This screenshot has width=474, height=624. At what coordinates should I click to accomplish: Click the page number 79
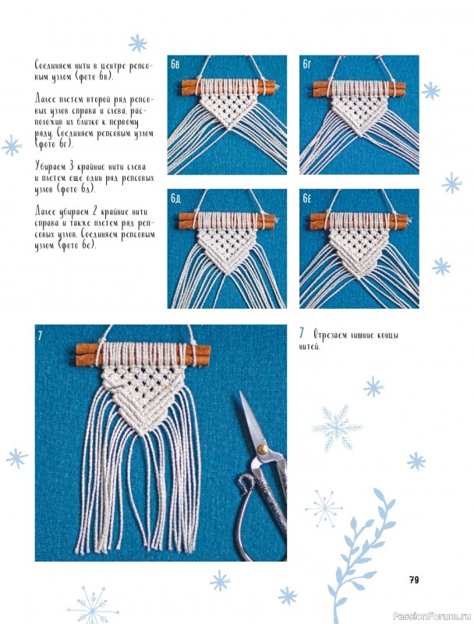(414, 580)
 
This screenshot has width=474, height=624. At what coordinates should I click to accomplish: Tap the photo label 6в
(175, 64)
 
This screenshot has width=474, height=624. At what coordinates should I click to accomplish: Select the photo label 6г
(307, 64)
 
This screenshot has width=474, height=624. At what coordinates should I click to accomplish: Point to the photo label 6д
(175, 198)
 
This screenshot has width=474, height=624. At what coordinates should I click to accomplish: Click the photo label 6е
(307, 198)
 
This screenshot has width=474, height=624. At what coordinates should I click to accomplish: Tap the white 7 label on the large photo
(40, 335)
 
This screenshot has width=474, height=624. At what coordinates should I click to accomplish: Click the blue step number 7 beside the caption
(302, 333)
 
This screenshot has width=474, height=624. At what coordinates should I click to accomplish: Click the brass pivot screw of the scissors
(262, 449)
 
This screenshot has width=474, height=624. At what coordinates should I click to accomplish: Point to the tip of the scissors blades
(240, 392)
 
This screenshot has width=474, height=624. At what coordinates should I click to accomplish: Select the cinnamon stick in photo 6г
(359, 89)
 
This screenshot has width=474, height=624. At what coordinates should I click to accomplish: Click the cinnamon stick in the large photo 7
(143, 355)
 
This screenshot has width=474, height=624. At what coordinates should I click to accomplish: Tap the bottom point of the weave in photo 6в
(228, 128)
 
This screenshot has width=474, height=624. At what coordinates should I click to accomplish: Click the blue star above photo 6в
(137, 44)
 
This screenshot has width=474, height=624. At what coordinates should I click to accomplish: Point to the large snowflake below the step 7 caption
(337, 427)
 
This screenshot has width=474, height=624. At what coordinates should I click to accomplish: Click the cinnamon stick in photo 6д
(227, 221)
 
